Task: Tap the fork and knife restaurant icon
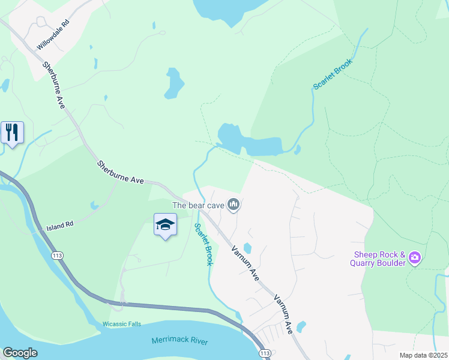pos(12,132)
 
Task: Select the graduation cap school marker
pos(165,225)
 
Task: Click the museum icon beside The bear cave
pos(234,205)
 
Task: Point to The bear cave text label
pos(198,205)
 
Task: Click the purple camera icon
pos(414,258)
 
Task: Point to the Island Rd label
pos(59,226)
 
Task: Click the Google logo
pos(20,353)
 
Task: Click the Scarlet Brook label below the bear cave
pos(204,244)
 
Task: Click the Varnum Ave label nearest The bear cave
pos(246,260)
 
